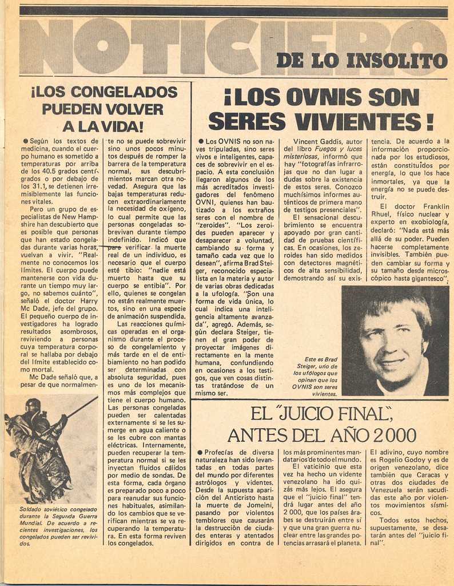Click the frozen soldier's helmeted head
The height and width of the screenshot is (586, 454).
point(33,406)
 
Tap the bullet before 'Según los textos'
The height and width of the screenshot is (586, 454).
point(26,141)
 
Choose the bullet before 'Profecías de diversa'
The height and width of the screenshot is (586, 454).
point(200,452)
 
